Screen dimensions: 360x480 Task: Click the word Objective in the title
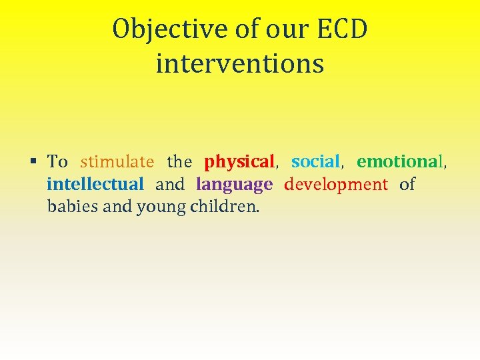169,30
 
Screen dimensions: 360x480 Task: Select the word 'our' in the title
291,30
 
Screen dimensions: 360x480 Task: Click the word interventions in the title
240,64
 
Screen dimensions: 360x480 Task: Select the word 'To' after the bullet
57,162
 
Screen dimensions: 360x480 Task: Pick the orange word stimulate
117,162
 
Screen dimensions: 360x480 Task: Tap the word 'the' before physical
179,162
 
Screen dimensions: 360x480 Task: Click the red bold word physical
239,162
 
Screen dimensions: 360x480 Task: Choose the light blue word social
316,162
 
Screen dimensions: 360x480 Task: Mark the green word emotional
399,162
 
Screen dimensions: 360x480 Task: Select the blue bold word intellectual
95,184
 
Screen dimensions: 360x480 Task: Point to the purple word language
234,184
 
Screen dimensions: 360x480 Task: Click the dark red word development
336,184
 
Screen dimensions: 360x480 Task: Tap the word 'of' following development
407,184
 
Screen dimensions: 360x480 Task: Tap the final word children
225,207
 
